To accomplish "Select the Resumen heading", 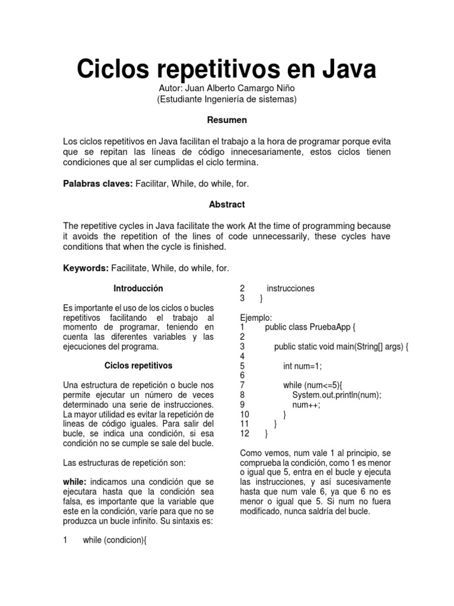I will coord(227,120).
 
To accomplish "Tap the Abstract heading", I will coord(227,204).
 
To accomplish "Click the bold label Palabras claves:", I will coord(98,184).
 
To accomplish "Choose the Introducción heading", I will coord(138,288).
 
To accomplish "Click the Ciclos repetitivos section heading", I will coord(138,366).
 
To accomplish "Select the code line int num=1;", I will coord(303,366).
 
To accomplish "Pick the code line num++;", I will coord(306,405).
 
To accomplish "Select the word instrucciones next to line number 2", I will coord(290,288).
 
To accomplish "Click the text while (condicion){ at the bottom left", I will coord(114,540).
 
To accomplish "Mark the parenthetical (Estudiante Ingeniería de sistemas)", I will coord(226,99).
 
